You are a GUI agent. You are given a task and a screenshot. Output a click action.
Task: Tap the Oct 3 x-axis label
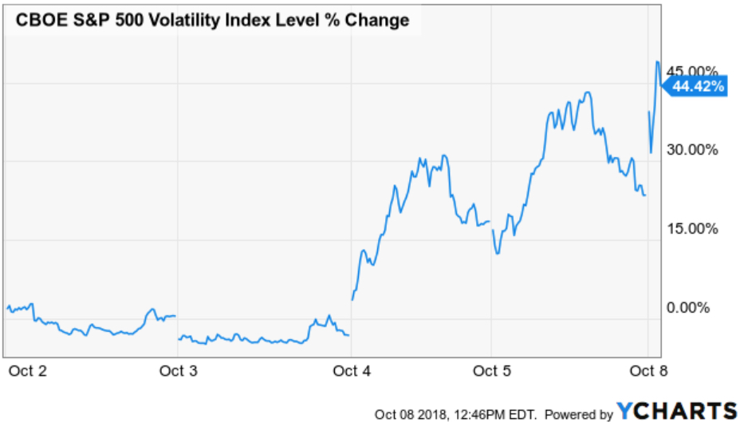click(179, 371)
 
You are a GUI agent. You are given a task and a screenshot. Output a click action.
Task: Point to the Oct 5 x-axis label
click(492, 371)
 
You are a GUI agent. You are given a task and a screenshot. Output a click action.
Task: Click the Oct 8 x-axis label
click(649, 371)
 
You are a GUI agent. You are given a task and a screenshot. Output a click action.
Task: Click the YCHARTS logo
click(676, 412)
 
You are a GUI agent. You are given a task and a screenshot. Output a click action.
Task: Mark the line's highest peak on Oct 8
click(657, 61)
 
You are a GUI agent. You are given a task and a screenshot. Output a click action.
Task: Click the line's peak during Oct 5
click(588, 93)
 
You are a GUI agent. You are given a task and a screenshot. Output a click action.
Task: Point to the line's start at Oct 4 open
click(352, 300)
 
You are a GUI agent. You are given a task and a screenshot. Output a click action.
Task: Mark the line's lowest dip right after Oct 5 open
click(498, 253)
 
